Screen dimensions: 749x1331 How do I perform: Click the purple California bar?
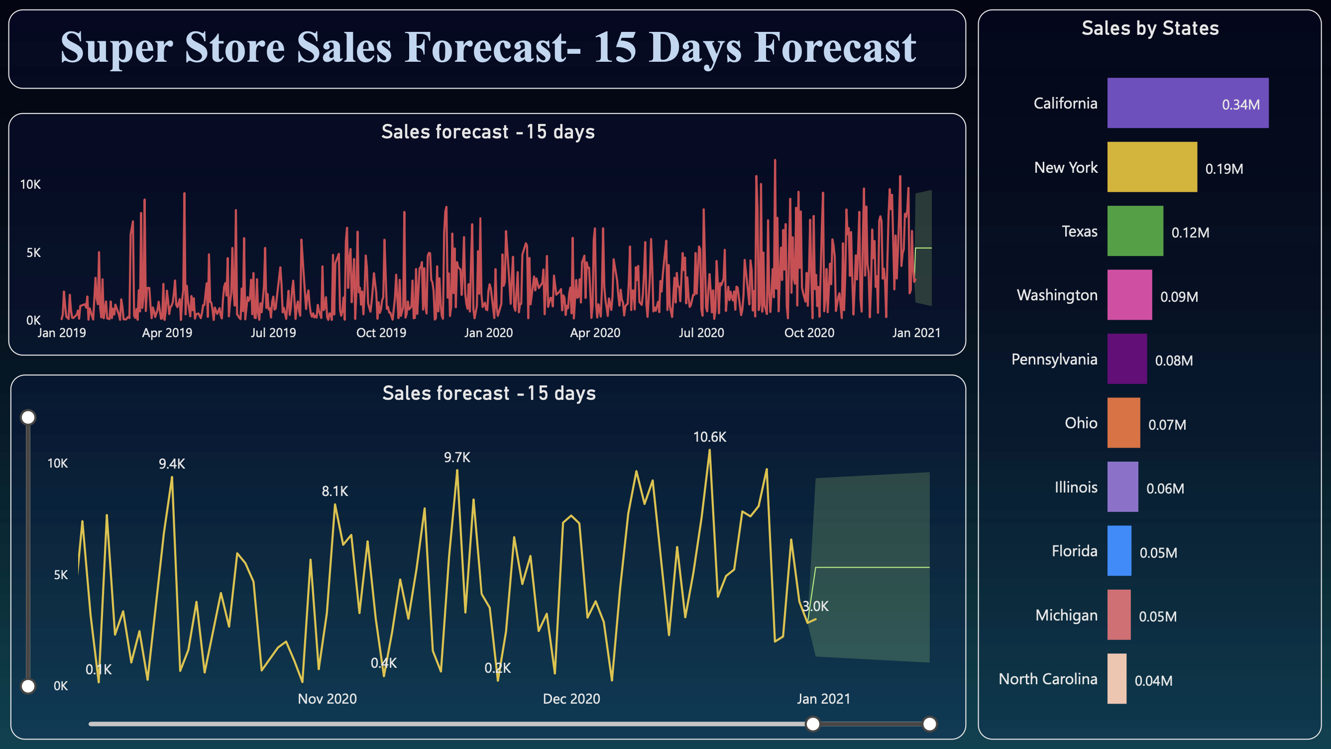tap(1187, 103)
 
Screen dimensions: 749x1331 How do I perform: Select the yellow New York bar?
tap(1152, 167)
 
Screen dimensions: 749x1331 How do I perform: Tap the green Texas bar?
tap(1135, 231)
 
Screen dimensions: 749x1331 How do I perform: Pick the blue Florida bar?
tap(1119, 550)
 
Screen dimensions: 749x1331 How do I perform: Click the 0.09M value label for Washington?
tap(1179, 297)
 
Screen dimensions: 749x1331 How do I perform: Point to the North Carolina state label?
tap(1047, 679)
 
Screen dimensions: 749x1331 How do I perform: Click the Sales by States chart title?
tap(1150, 28)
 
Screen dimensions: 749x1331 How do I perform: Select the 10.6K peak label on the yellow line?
tap(709, 437)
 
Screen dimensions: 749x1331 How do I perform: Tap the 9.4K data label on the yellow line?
tap(172, 464)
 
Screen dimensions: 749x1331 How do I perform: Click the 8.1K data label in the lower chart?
tap(335, 491)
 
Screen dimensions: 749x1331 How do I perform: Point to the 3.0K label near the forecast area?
tap(815, 607)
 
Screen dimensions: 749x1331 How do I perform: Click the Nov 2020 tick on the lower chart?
tap(327, 699)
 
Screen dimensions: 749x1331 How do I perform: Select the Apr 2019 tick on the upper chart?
tap(167, 333)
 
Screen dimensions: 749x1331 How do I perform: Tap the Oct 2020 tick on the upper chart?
tap(809, 333)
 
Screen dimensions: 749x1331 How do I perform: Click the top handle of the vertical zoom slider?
tap(28, 417)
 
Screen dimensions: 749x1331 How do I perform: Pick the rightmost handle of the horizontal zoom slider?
tap(929, 724)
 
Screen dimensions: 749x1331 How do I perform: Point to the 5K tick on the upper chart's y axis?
tap(33, 253)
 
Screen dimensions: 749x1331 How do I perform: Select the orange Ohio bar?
tap(1123, 423)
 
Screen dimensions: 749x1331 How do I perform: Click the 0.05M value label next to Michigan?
tap(1157, 617)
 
